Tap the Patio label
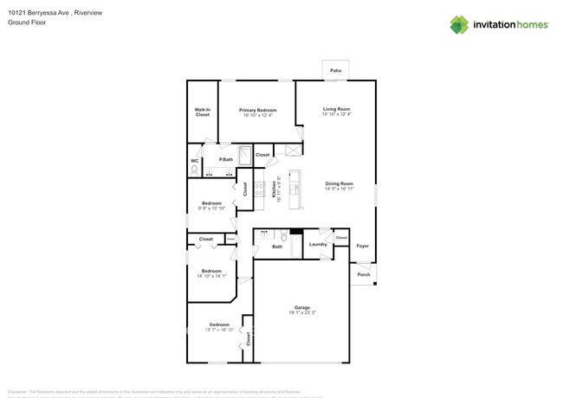335,70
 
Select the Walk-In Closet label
202,112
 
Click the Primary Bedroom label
258,110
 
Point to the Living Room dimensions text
336,114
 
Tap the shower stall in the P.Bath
245,156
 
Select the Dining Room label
339,183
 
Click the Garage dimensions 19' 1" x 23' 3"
301,312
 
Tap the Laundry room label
318,244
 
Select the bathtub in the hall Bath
295,247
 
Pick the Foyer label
363,247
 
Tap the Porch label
364,274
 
